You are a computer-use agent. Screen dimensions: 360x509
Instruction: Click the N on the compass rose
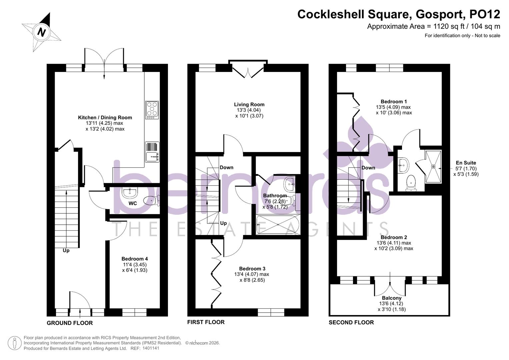click(x=42, y=32)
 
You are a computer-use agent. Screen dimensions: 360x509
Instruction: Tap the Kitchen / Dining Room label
click(x=105, y=117)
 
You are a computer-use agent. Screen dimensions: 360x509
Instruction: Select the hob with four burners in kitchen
click(x=152, y=110)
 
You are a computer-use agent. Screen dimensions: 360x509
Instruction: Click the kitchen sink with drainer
click(x=152, y=152)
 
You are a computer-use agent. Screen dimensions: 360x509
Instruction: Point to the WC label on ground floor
click(x=133, y=203)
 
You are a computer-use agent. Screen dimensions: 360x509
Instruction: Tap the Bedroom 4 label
click(x=134, y=259)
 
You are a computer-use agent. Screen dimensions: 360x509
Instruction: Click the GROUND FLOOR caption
click(x=70, y=323)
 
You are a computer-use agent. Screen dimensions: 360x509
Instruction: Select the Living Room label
click(x=249, y=104)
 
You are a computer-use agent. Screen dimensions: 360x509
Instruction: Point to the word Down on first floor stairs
click(x=226, y=167)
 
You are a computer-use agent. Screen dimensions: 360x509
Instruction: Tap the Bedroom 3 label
click(x=252, y=269)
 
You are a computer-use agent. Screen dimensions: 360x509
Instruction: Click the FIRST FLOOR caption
click(x=206, y=322)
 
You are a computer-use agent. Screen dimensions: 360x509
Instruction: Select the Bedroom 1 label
click(x=394, y=101)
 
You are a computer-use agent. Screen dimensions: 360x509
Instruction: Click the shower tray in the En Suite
click(x=433, y=167)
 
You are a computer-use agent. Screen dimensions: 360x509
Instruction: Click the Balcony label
click(x=391, y=298)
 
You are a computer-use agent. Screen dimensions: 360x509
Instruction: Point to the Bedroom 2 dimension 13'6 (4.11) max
click(x=394, y=243)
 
